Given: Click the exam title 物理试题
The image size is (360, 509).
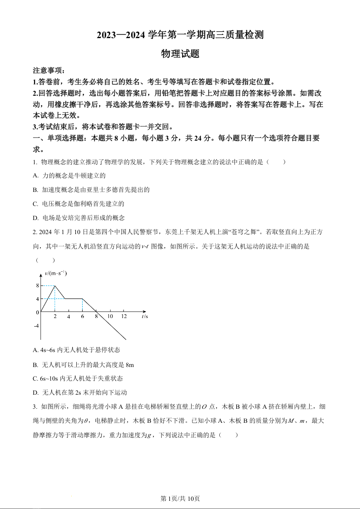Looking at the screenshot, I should click(x=180, y=54).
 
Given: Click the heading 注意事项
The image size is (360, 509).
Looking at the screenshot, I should click(x=49, y=71).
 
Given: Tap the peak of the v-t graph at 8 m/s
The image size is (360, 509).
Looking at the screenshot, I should click(x=55, y=285).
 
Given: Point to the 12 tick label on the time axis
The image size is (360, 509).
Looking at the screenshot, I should click(x=124, y=316).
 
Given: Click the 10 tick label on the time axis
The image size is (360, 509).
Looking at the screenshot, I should click(x=110, y=316).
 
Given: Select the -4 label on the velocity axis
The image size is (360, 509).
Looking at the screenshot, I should click(x=36, y=326).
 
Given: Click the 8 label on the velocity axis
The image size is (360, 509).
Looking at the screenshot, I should click(x=37, y=285).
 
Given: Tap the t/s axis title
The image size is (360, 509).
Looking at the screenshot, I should click(x=144, y=316).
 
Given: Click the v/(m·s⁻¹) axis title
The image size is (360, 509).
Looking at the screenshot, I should click(x=55, y=273).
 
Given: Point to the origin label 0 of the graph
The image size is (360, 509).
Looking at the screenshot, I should click(x=37, y=313).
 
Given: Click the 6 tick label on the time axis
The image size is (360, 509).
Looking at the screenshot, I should click(x=83, y=316).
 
